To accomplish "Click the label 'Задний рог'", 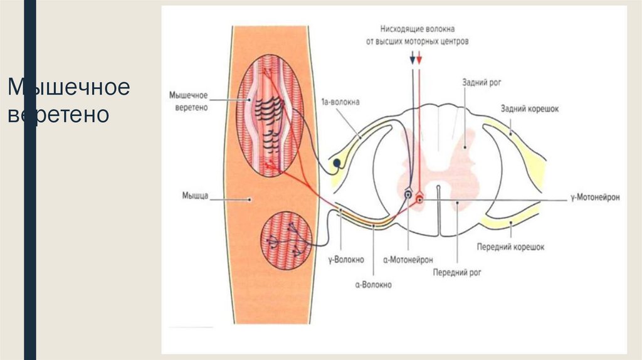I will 480,82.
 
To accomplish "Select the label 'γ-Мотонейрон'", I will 595,197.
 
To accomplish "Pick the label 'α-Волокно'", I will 372,285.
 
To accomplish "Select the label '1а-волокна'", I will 339,102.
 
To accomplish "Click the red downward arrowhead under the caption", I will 419,60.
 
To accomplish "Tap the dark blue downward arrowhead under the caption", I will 412,60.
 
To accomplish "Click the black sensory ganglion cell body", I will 337,164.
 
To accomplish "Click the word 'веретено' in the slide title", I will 58,115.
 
